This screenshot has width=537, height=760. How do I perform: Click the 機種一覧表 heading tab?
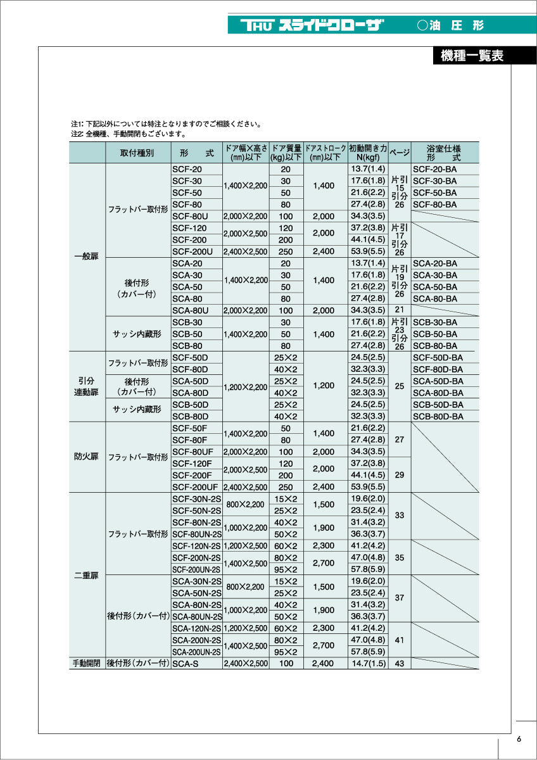pyautogui.click(x=471, y=56)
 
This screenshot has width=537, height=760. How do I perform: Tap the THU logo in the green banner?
pyautogui.click(x=256, y=25)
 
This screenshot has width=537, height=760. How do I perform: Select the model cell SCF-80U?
pyautogui.click(x=187, y=216)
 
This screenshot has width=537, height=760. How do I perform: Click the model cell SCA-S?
pyautogui.click(x=184, y=664)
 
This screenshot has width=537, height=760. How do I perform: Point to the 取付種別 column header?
pyautogui.click(x=137, y=153)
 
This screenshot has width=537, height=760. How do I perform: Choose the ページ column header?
pyautogui.click(x=399, y=153)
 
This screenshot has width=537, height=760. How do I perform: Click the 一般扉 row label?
pyautogui.click(x=87, y=257)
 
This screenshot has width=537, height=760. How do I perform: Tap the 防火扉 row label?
pyautogui.click(x=87, y=457)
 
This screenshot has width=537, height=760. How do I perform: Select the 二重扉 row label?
pyautogui.click(x=87, y=575)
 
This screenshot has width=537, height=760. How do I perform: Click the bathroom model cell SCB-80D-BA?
pyautogui.click(x=438, y=417)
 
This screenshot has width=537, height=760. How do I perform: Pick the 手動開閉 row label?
pyautogui.click(x=87, y=664)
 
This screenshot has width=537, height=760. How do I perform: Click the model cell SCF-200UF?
pyautogui.click(x=195, y=487)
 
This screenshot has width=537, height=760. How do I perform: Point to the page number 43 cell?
pyautogui.click(x=399, y=664)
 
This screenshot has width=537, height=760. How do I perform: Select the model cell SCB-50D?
pyautogui.click(x=190, y=405)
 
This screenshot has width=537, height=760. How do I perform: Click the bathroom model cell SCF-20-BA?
pyautogui.click(x=434, y=169)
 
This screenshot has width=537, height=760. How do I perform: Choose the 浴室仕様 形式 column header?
pyautogui.click(x=445, y=153)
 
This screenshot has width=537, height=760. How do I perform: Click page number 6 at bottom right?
pyautogui.click(x=519, y=739)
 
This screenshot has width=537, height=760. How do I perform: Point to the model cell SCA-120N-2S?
pyautogui.click(x=196, y=629)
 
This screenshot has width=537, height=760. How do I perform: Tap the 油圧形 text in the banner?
pyautogui.click(x=451, y=25)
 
